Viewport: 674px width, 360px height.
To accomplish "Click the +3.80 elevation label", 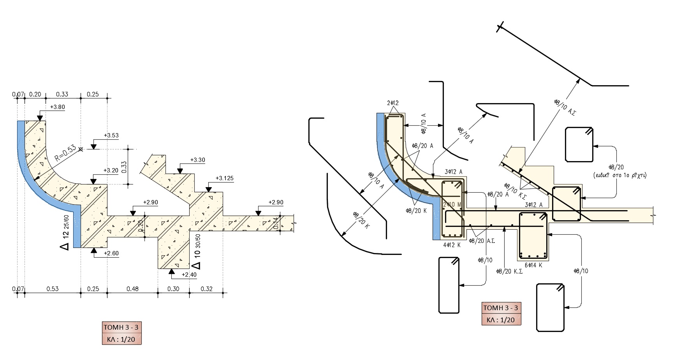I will pyautogui.click(x=57, y=107).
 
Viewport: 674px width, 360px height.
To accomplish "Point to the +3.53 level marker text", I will pyautogui.click(x=111, y=135).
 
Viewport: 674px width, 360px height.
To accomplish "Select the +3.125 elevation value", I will pyautogui.click(x=224, y=179).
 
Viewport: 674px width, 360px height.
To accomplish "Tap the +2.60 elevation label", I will pyautogui.click(x=111, y=253).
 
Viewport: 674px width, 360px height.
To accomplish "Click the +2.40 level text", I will pyautogui.click(x=189, y=275).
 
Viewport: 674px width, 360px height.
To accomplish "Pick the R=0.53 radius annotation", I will pyautogui.click(x=65, y=153).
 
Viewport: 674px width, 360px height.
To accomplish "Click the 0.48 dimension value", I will pyautogui.click(x=132, y=289).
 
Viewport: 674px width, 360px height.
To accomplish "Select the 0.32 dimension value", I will pyautogui.click(x=206, y=289).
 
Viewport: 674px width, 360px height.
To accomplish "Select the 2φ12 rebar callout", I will pyautogui.click(x=393, y=103).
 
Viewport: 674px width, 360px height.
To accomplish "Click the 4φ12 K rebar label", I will pyautogui.click(x=452, y=245).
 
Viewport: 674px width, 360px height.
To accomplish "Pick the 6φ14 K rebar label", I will pyautogui.click(x=533, y=265).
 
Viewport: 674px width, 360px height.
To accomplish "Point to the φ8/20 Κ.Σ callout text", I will pyautogui.click(x=509, y=271).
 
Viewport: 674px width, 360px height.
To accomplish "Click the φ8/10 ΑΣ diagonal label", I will pyautogui.click(x=565, y=106).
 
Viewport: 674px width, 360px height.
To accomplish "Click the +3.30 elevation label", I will pyautogui.click(x=197, y=160).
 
